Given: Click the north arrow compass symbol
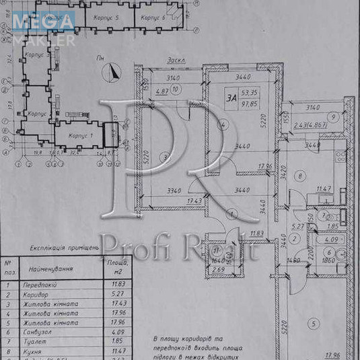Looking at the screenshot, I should pyautogui.click(x=114, y=69).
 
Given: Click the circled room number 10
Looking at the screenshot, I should pyautogui.click(x=175, y=87).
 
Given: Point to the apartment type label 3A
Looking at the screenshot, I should pyautogui.click(x=231, y=98).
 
